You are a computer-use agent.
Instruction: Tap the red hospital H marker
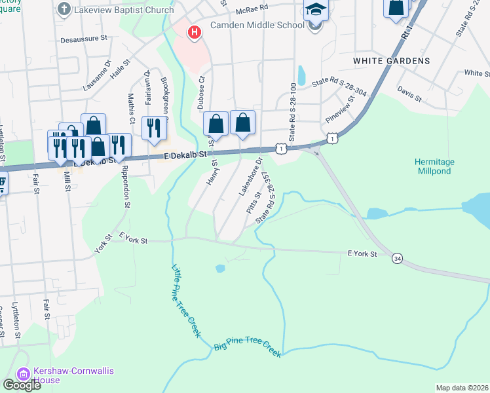tap(194, 32)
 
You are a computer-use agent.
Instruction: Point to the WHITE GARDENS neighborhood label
tap(391, 60)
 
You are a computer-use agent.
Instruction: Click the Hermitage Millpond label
tap(434, 166)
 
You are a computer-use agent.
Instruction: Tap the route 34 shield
tap(398, 259)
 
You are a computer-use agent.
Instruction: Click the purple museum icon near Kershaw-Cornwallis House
tap(24, 375)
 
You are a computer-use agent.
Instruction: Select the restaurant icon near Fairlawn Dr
tap(155, 127)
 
